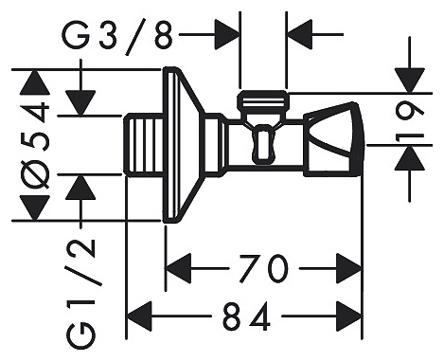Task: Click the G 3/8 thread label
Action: pyautogui.click(x=117, y=37)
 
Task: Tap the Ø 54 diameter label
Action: pyautogui.click(x=35, y=145)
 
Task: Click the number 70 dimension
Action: pyautogui.click(x=264, y=269)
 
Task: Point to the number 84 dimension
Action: pyautogui.click(x=246, y=316)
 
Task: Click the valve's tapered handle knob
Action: pyautogui.click(x=334, y=139)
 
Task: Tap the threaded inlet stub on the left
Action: pyautogui.click(x=144, y=145)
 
